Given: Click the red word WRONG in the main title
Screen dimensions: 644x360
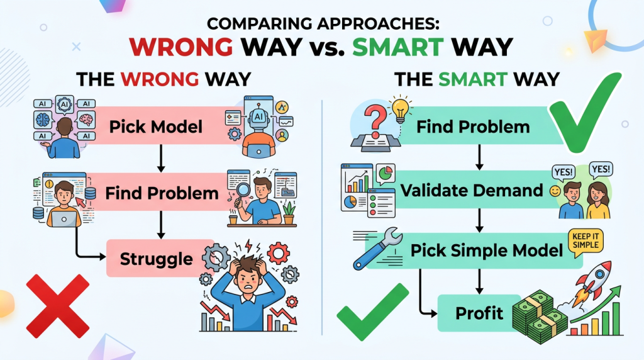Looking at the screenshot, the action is [180, 47].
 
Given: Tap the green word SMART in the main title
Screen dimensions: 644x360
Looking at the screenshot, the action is [398, 47].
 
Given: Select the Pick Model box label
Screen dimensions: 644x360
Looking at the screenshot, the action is [156, 127].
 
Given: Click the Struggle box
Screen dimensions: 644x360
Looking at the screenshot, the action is [160, 258].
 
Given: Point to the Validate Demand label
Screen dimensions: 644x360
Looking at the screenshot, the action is [472, 190].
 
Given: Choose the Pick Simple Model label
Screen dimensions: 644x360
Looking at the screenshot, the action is [486, 250].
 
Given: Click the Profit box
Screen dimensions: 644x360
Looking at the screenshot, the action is [479, 313].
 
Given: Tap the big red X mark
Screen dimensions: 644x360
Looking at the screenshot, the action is [57, 306].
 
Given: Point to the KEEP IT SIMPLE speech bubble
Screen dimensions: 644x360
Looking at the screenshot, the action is [586, 242].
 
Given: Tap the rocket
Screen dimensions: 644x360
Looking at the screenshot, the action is [593, 284].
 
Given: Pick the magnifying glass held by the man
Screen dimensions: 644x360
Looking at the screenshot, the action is [241, 193].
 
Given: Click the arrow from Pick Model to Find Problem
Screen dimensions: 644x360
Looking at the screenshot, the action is [161, 158].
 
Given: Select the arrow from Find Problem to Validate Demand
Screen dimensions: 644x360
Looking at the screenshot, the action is [479, 157].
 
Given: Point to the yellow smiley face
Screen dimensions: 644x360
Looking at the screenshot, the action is [555, 191].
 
